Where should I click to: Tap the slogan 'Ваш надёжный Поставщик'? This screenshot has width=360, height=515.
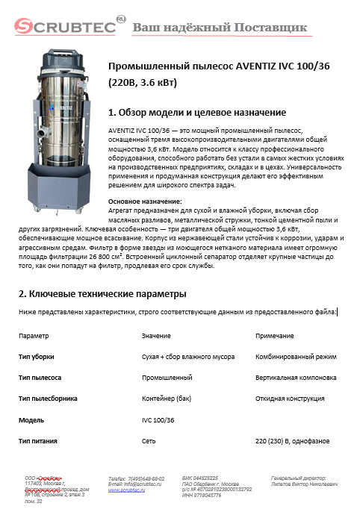tap(220, 28)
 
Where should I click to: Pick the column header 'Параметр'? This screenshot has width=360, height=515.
tap(34, 337)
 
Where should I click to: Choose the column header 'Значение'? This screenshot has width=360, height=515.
tap(156, 337)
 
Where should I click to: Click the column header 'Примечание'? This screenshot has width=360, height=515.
tap(274, 337)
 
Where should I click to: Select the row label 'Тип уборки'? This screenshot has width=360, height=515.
tap(36, 358)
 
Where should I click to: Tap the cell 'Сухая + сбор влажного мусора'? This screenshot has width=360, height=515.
tap(188, 358)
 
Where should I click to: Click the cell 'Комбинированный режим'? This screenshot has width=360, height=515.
tap(295, 358)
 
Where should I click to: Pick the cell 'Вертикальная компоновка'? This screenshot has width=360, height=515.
tap(297, 378)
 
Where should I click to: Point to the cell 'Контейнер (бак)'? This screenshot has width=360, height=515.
tap(167, 399)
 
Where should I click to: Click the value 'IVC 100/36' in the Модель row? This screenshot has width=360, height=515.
tap(158, 420)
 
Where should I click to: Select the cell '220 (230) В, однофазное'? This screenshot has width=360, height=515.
tap(292, 441)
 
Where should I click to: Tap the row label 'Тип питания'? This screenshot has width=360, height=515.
tap(37, 441)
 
